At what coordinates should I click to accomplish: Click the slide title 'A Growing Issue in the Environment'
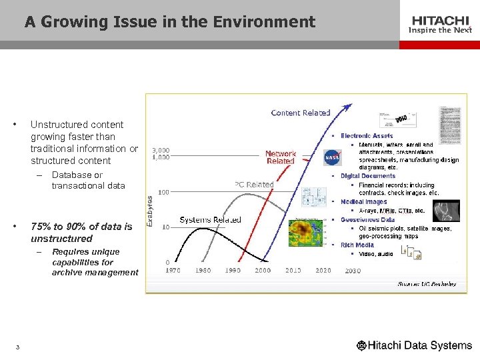(170, 22)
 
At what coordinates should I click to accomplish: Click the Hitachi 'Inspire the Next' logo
(439, 25)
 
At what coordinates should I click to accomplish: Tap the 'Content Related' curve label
(301, 113)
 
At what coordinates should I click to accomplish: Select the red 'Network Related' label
(281, 157)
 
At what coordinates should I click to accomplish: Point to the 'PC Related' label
(254, 185)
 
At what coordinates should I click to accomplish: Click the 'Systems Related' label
(211, 219)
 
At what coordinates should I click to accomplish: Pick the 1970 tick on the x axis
(173, 271)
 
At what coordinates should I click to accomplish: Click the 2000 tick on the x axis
(263, 271)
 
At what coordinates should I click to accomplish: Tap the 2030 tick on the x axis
(353, 271)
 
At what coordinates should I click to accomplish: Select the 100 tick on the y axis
(163, 192)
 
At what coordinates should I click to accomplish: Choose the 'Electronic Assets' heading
(367, 136)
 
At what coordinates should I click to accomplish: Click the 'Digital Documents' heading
(367, 176)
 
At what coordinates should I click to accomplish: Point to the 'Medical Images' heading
(363, 201)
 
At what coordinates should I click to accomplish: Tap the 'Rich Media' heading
(357, 245)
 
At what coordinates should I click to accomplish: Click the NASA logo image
(333, 157)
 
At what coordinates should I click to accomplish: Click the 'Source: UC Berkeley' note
(427, 284)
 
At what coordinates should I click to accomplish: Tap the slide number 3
(18, 347)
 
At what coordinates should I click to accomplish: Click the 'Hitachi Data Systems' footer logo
(414, 345)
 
